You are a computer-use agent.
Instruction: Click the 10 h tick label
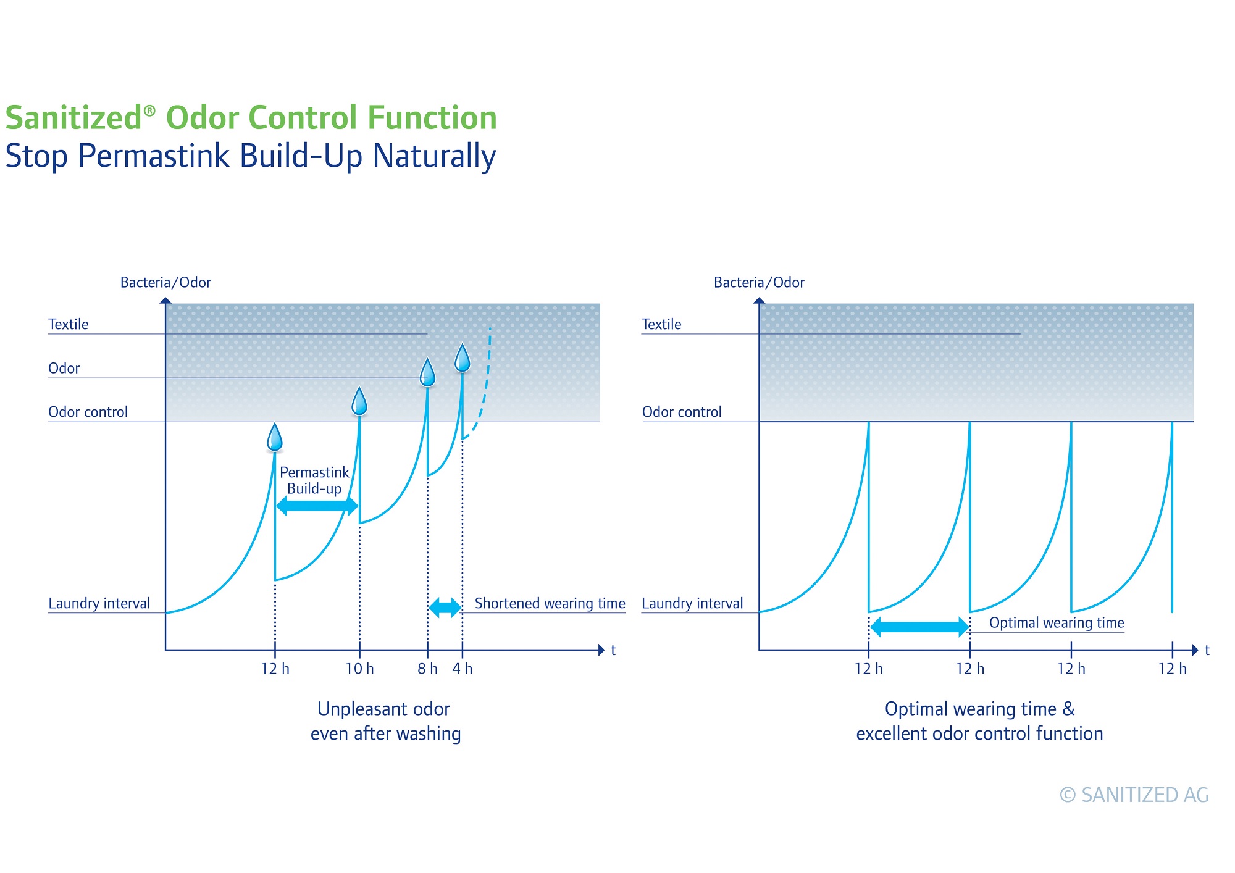click(x=359, y=669)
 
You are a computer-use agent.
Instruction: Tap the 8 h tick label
click(x=427, y=669)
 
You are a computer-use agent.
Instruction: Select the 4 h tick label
click(x=463, y=669)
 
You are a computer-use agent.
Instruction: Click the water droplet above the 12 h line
click(x=275, y=437)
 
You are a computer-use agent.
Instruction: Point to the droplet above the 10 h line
click(x=359, y=401)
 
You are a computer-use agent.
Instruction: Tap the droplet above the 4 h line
click(x=463, y=358)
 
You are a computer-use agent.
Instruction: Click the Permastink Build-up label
click(x=314, y=480)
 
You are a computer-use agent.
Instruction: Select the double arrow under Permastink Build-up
click(x=317, y=506)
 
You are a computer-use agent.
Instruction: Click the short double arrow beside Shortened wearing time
click(x=445, y=608)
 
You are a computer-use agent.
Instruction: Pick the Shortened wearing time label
click(x=550, y=603)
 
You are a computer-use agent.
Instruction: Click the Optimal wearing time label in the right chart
click(x=1057, y=623)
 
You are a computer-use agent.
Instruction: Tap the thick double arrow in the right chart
click(x=919, y=627)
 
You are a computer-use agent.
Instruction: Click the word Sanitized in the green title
click(x=74, y=118)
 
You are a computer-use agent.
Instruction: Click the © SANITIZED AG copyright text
click(x=1134, y=795)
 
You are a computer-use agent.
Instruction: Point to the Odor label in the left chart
click(x=64, y=369)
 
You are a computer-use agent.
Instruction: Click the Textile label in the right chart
click(x=661, y=325)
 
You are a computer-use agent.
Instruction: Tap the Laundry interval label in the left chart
click(x=99, y=603)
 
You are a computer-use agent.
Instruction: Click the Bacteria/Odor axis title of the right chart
click(x=759, y=283)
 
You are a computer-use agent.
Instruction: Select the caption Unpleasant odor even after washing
click(x=385, y=721)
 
